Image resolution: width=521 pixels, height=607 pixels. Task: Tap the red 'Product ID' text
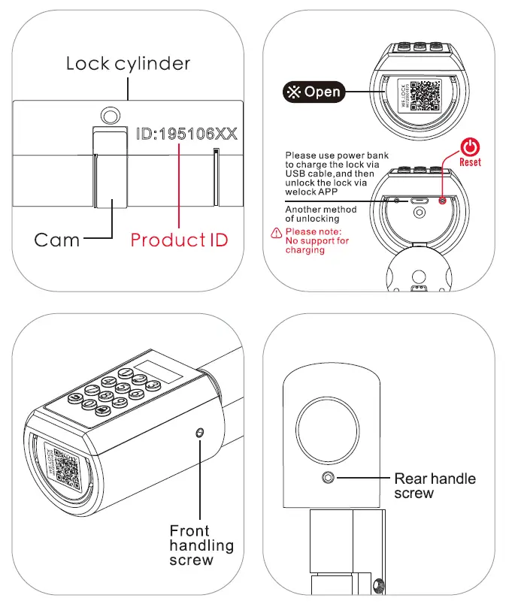tap(179, 240)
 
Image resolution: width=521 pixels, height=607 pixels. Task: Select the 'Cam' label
tap(57, 240)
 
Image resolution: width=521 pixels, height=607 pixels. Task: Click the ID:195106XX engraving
tap(186, 134)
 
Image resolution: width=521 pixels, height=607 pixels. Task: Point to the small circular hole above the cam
tap(111, 114)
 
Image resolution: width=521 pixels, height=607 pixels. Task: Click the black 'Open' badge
tap(312, 92)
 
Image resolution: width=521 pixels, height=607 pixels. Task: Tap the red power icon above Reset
tap(471, 147)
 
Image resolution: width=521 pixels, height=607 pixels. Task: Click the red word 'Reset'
tap(470, 162)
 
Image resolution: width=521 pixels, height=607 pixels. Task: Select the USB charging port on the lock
tap(417, 201)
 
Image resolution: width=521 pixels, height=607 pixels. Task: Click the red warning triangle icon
tap(276, 232)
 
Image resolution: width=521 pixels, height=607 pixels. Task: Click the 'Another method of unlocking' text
tap(321, 214)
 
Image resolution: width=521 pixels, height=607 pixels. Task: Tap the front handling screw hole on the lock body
tap(199, 433)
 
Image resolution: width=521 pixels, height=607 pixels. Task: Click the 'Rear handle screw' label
tap(435, 485)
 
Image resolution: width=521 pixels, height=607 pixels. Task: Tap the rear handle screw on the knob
tap(329, 478)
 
